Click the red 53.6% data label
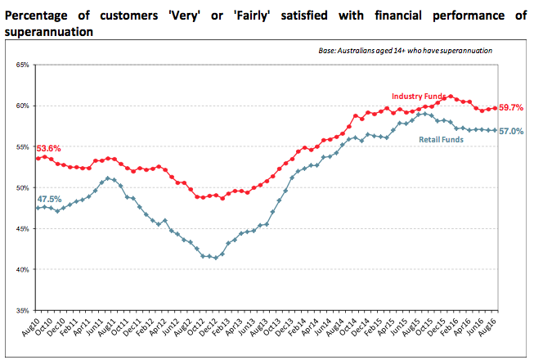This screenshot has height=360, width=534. tap(48, 148)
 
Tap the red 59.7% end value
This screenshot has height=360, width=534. tap(511, 107)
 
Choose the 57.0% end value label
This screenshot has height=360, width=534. tap(511, 131)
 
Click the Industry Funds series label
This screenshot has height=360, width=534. tap(418, 97)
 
